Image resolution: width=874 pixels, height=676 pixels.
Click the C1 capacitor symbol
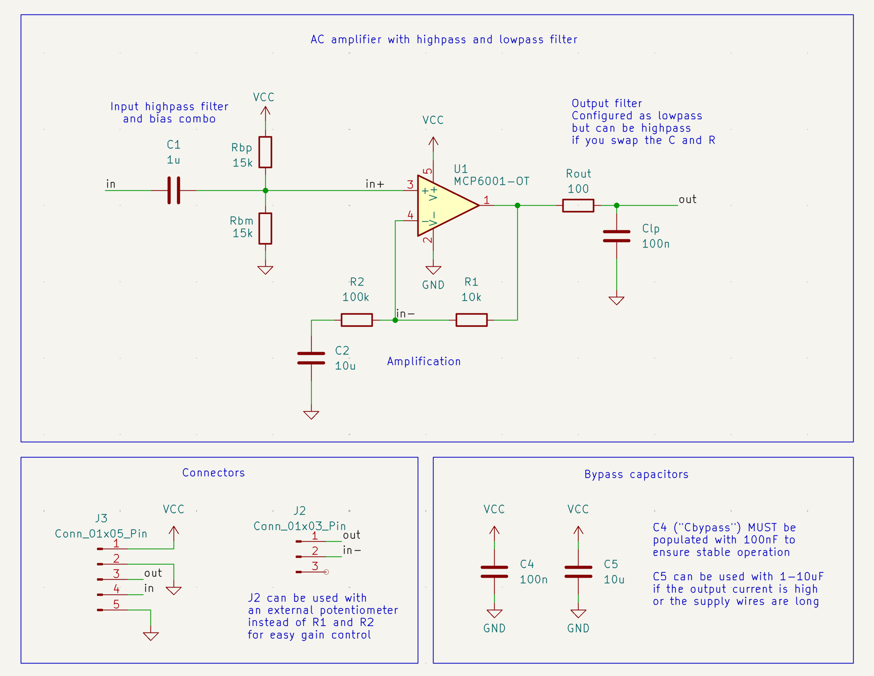(x=174, y=190)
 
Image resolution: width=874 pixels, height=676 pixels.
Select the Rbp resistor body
(x=265, y=152)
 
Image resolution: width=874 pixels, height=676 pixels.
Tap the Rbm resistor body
(x=265, y=228)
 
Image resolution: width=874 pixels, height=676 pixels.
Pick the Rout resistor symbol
(x=578, y=206)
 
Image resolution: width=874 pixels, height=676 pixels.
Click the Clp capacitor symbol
(x=616, y=236)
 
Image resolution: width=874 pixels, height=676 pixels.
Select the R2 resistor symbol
(x=357, y=320)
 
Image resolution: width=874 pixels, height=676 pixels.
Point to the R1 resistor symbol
(x=471, y=320)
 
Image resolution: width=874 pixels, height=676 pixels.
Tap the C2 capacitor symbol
(x=311, y=358)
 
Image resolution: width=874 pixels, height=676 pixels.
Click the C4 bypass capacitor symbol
(x=494, y=571)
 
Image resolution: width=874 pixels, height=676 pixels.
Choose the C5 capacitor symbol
(x=578, y=571)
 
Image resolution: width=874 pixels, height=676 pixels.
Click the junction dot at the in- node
(x=395, y=320)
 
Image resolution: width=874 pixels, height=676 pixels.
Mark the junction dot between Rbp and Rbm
(x=265, y=190)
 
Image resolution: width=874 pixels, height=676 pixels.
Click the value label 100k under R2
(x=355, y=297)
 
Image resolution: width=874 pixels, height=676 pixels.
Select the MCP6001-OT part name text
(x=491, y=182)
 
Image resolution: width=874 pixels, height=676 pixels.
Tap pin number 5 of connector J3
(x=116, y=604)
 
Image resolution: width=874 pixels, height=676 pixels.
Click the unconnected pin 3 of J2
(x=326, y=572)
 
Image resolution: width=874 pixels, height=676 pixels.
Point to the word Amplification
(x=424, y=361)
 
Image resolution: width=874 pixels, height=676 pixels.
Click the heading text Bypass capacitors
(x=636, y=474)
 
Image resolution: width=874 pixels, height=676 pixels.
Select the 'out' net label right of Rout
(x=687, y=200)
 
